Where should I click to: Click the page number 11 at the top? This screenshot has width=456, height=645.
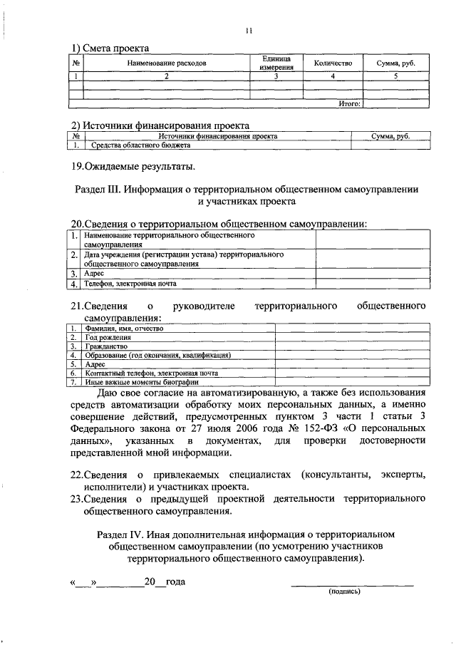pos(249,30)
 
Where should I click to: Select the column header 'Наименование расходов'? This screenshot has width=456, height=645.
pos(167,63)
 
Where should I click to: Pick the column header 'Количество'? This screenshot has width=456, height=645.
pos(333,63)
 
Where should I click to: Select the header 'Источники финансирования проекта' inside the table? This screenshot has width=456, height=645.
pos(217,135)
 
